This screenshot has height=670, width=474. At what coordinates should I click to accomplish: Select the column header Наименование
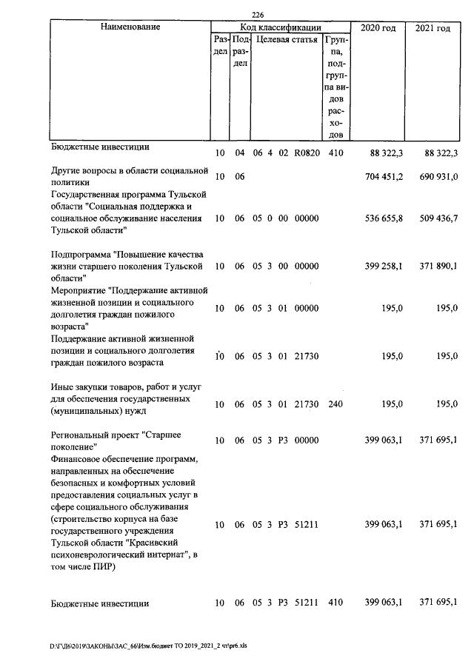pyautogui.click(x=126, y=27)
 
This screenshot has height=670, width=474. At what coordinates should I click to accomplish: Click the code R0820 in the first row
pyautogui.click(x=305, y=153)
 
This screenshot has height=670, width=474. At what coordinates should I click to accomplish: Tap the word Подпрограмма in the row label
pyautogui.click(x=81, y=254)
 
